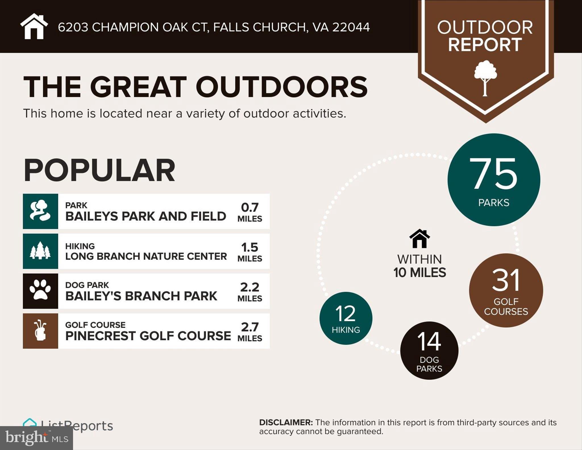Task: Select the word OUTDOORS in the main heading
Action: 281,87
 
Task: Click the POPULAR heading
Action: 99,170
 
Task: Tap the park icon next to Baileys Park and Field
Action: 40,211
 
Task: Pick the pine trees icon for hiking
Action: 40,251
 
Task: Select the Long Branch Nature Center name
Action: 146,256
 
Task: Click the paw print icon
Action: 40,291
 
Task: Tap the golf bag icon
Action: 40,331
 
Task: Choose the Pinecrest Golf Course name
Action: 148,336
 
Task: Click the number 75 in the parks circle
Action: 493,174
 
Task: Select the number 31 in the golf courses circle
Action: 506,280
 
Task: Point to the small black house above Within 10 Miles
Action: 419,239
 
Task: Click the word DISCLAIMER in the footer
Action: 286,422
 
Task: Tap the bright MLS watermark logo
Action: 36,438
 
